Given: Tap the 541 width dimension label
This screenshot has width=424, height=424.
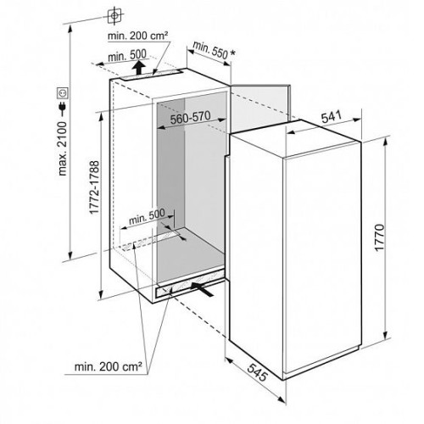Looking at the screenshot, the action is click(332, 117).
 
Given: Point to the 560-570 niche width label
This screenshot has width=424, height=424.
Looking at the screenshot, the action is click(190, 118).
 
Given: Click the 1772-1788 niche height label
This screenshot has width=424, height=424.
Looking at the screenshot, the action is click(94, 187).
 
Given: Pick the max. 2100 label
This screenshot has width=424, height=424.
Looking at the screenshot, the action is click(62, 149).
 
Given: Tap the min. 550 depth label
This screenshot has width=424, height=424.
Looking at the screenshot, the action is click(210, 50).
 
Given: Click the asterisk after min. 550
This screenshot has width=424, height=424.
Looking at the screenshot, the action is click(232, 53).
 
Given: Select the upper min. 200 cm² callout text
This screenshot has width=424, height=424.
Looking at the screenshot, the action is click(138, 36).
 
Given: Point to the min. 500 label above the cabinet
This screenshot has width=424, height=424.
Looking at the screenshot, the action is click(127, 56).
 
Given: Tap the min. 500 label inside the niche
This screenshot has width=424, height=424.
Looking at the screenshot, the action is click(147, 216).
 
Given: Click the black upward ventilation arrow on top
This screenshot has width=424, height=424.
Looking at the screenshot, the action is click(138, 68).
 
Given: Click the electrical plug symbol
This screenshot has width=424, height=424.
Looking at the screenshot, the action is click(63, 107).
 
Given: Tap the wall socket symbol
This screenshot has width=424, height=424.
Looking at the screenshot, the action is click(63, 92).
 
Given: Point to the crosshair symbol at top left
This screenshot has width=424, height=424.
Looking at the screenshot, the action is click(114, 15).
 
